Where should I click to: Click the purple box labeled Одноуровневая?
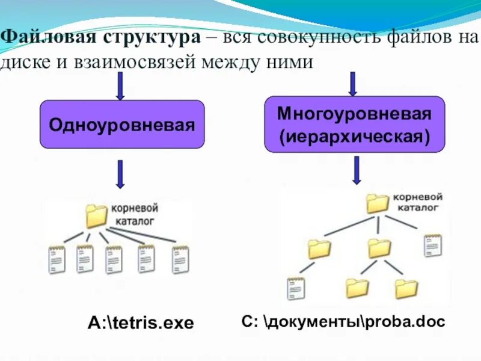pos(122,125)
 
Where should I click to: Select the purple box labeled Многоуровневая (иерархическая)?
pos(355,124)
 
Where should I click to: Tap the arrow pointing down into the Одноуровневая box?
pos(120,86)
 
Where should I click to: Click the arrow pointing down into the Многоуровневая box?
pos(353,84)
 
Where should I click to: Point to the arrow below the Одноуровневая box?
pos(120,174)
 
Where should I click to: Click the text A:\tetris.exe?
pos(141,323)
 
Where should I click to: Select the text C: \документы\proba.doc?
pos(343,322)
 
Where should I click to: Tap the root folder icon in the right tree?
pos(378,203)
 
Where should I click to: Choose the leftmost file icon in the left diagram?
pos(57,259)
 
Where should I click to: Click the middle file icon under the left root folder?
pos(114,259)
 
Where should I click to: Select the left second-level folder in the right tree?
pos(319,248)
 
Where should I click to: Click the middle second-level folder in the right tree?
pos(379,247)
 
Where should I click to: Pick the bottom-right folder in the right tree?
pos(406,289)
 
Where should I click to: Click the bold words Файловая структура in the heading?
pos(101,37)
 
